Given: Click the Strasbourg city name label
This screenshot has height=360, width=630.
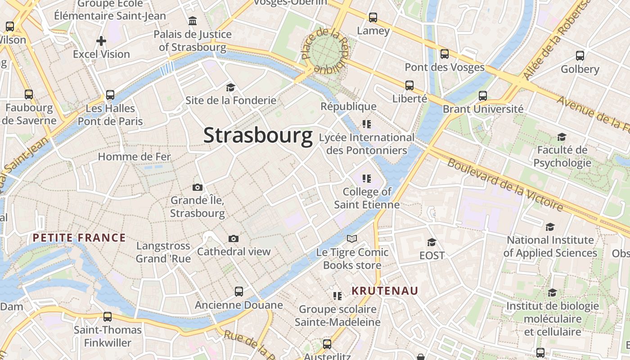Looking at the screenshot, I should pos(258,135).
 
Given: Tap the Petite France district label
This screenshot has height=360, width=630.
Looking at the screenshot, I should pos(79,238).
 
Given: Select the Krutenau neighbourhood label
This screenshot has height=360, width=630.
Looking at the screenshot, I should pos(385,291).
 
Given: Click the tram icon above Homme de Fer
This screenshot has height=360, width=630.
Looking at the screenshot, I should pos(110,95).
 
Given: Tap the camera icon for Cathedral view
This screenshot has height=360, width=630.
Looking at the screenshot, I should pos(233,238).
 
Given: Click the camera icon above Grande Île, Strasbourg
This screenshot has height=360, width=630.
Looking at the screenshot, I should pos(197,187).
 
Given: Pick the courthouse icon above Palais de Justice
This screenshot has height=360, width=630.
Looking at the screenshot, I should pos(193,21).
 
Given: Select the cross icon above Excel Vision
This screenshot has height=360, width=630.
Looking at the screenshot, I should pos(101,41).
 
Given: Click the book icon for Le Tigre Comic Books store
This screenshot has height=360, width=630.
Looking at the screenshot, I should pos(352,238).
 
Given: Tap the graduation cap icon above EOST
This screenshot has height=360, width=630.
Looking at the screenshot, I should pos(432,243).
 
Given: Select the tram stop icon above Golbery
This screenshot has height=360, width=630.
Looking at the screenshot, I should pos(580,56).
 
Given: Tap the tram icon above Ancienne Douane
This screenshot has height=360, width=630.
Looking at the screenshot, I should pos(239,291).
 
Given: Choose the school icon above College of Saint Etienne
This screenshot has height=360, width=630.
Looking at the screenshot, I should pos(367,179).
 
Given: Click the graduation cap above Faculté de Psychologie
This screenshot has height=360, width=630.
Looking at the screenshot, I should pos(562,137).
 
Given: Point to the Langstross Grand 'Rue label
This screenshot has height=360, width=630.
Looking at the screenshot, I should pos(163,252).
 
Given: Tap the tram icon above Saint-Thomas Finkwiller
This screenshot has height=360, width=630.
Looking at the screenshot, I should pos(108,316).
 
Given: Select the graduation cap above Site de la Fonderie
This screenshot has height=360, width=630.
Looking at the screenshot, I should pos(230,87).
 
